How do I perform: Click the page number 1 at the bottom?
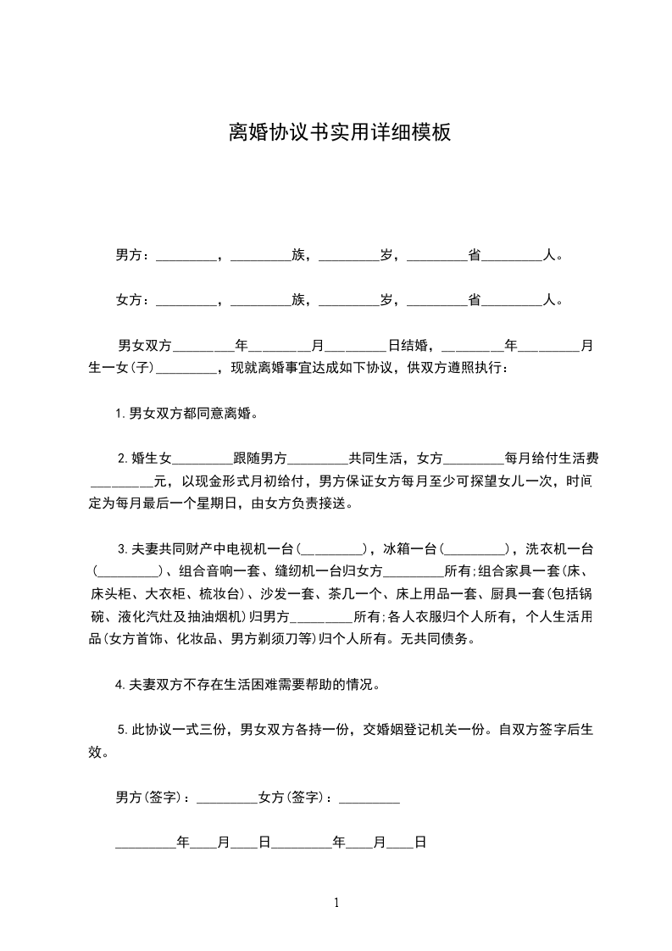click(x=336, y=903)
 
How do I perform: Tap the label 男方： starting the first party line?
click(x=133, y=254)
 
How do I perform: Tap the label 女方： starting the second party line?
click(x=133, y=300)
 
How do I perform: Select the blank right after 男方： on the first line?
click(x=186, y=256)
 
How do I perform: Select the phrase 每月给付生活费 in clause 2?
click(x=552, y=459)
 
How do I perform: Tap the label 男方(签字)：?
click(x=154, y=797)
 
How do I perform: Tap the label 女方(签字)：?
click(x=297, y=797)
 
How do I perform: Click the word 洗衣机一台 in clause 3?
click(x=558, y=549)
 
